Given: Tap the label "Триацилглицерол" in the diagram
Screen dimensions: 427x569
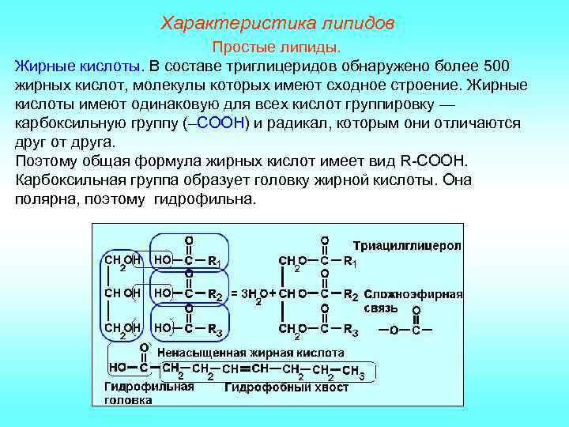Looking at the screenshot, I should coord(406,245).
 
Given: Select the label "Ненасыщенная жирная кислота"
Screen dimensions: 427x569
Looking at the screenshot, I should coord(251,352).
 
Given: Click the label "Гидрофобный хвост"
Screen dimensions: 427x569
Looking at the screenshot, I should coord(287,387).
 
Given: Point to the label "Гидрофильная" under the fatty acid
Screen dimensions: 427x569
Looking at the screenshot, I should coord(149,387).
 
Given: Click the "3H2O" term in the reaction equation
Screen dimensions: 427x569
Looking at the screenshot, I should coord(252,295).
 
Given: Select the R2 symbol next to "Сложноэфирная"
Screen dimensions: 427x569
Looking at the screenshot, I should coord(351,295).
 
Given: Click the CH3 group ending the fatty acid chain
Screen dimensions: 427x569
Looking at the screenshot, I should coord(352,371).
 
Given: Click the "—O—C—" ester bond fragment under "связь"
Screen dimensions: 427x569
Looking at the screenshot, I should coord(405,330).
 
